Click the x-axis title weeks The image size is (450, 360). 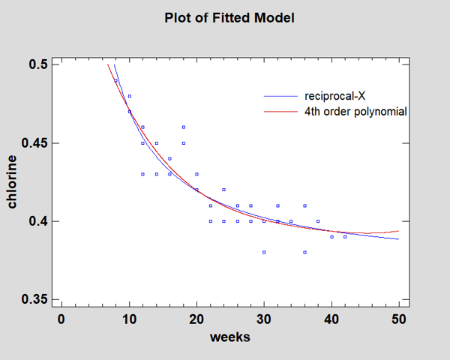229,337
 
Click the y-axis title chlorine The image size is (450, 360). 13,181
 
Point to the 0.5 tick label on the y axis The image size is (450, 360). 40,64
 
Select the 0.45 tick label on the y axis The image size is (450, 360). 37,143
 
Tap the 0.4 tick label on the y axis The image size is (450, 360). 40,221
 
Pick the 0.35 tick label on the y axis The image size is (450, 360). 37,300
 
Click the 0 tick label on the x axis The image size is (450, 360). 61,318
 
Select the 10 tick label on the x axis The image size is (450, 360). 129,318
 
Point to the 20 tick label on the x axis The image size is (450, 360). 196,318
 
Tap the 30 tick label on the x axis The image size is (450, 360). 264,318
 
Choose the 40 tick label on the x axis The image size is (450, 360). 331,318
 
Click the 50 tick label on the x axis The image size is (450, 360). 399,318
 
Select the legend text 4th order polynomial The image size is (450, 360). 355,112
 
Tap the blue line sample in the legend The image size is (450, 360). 280,97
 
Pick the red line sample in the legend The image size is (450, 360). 280,112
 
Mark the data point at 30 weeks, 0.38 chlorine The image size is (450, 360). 264,252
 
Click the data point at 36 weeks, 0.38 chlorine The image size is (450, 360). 304,252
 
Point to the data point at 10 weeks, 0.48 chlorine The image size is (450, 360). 129,96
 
